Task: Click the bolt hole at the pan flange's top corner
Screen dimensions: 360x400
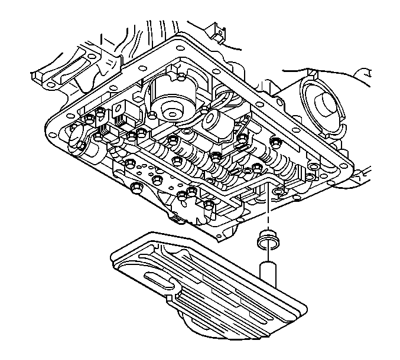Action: coord(177,41)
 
